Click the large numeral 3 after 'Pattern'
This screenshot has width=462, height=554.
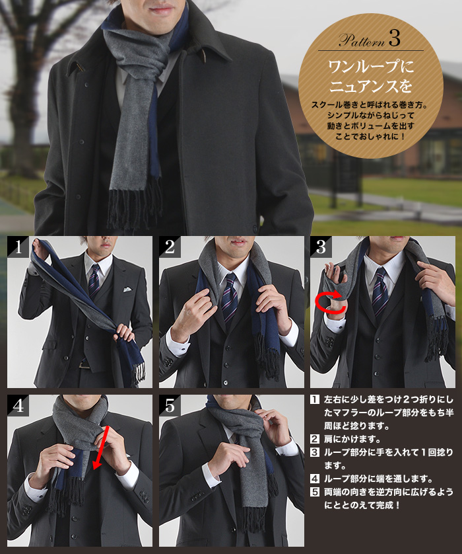(395, 38)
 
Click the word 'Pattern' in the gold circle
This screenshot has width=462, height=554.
(362, 40)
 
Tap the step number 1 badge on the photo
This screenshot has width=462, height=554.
(18, 247)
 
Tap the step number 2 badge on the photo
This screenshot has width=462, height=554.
(170, 247)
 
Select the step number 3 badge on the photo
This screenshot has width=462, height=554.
(321, 247)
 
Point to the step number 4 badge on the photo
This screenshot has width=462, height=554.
(18, 405)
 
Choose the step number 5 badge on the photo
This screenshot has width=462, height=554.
(170, 405)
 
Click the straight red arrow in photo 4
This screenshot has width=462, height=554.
(100, 448)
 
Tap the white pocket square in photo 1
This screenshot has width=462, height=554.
(127, 290)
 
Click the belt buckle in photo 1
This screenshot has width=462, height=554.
(84, 364)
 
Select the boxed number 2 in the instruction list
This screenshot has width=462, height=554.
(315, 439)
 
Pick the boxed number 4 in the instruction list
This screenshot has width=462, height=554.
(315, 479)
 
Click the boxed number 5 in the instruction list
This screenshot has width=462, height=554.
(315, 492)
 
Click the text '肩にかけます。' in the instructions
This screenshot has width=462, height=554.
(352, 439)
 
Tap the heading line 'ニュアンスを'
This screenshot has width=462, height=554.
(371, 86)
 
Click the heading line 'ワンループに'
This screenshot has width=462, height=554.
(371, 66)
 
